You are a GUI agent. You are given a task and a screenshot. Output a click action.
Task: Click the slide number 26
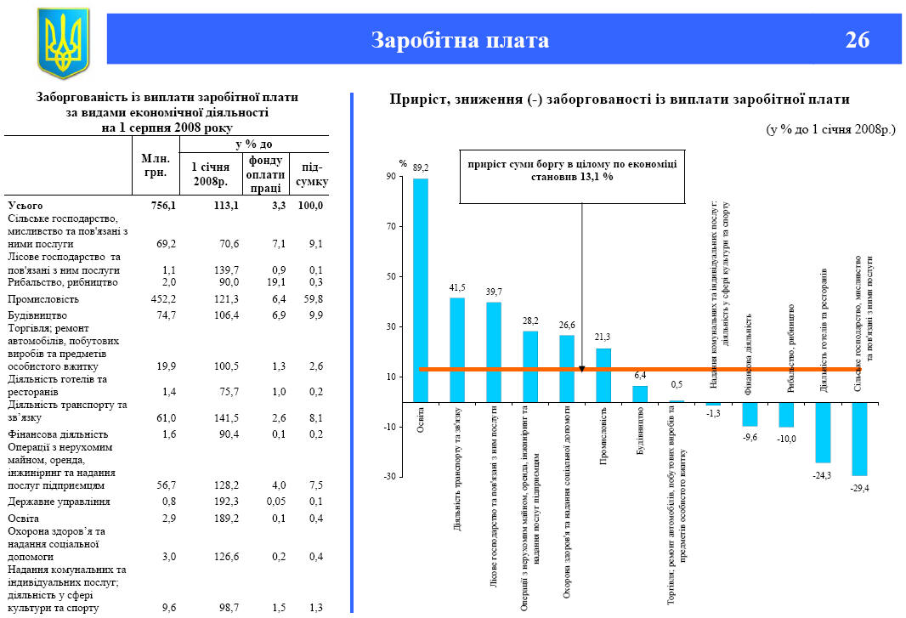(x=858, y=40)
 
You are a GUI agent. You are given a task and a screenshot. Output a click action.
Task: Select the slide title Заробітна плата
(x=460, y=40)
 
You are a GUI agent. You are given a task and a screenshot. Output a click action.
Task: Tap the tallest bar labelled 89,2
(x=421, y=289)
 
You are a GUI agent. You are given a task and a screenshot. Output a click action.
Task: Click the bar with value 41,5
(x=457, y=349)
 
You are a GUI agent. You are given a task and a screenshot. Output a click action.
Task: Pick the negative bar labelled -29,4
(x=860, y=439)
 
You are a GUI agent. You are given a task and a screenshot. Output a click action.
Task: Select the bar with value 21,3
(x=603, y=375)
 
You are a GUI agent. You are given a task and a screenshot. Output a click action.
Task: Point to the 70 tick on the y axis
(x=391, y=227)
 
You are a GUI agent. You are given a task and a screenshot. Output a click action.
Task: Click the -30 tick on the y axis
(x=390, y=477)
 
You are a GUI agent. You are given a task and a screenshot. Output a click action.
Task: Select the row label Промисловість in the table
(x=43, y=299)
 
